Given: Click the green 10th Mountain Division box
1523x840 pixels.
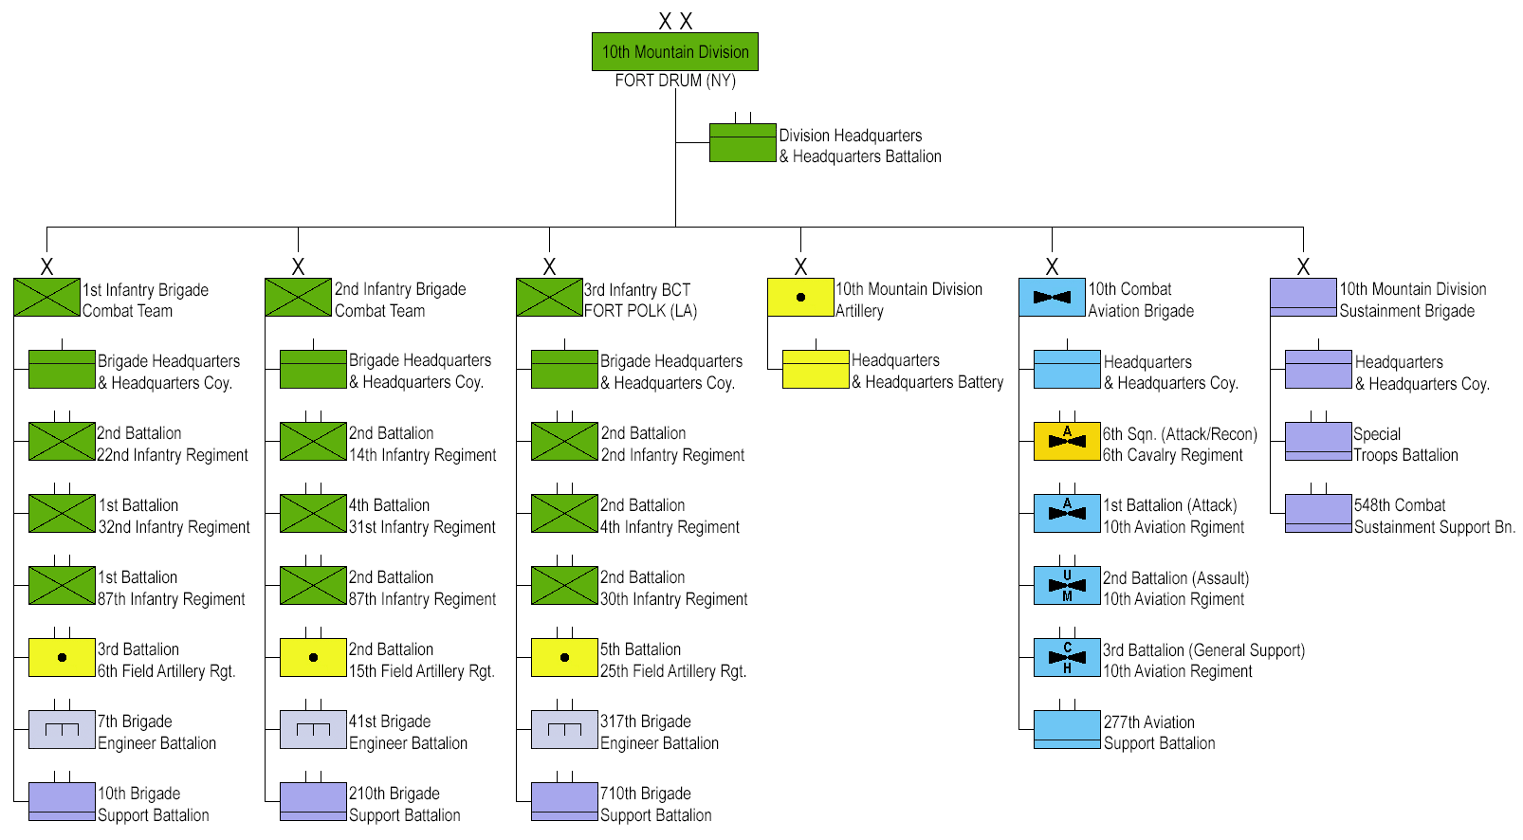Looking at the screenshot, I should (x=675, y=52).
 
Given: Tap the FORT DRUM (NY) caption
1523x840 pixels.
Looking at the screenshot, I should (x=675, y=81).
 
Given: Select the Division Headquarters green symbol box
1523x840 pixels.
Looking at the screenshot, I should (x=743, y=143).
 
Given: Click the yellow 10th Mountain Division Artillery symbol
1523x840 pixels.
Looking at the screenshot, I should (x=800, y=297).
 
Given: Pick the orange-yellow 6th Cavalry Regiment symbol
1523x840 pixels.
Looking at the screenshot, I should (x=1067, y=442).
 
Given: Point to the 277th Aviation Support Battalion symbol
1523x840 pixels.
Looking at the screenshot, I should (x=1067, y=730).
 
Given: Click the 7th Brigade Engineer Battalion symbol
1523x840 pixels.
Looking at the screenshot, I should (x=62, y=730).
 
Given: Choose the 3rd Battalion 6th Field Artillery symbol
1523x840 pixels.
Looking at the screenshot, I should (x=62, y=658).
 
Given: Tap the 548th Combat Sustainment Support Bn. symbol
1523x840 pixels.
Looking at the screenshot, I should (x=1318, y=513).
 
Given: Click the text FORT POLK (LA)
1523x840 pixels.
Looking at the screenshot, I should (x=640, y=311).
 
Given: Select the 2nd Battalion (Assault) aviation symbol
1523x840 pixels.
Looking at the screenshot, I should (x=1067, y=586).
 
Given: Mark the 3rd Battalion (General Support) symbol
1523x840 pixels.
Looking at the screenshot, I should (x=1067, y=658).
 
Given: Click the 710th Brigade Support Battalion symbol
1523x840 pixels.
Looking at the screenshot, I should (x=564, y=802).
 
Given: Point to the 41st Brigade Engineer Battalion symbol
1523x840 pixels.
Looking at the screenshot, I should (x=313, y=730).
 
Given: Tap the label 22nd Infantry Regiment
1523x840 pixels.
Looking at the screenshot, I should (x=173, y=455).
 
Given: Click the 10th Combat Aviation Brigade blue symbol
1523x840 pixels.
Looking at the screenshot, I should (x=1052, y=297).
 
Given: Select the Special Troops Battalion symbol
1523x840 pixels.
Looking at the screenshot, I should (x=1318, y=442).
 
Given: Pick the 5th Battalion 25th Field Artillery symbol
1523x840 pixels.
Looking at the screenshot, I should (x=564, y=658).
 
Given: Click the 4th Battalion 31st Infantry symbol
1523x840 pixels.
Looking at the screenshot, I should (x=313, y=513).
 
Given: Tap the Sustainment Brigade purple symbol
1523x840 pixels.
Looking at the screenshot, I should (x=1303, y=297).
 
